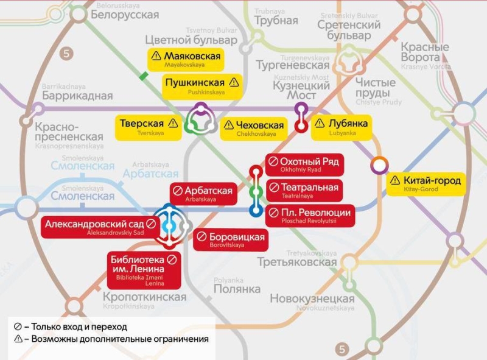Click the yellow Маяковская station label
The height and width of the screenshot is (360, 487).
(x=186, y=59)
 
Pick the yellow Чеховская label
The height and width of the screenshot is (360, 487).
(x=253, y=128)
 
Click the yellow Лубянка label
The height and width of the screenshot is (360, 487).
(x=341, y=126)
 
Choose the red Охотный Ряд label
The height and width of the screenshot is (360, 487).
(x=303, y=164)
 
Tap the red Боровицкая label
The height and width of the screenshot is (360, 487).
(x=231, y=239)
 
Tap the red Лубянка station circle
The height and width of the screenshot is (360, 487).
(x=301, y=126)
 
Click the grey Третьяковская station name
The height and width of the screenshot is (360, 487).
(x=296, y=262)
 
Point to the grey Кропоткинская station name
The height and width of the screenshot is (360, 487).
(x=144, y=297)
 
